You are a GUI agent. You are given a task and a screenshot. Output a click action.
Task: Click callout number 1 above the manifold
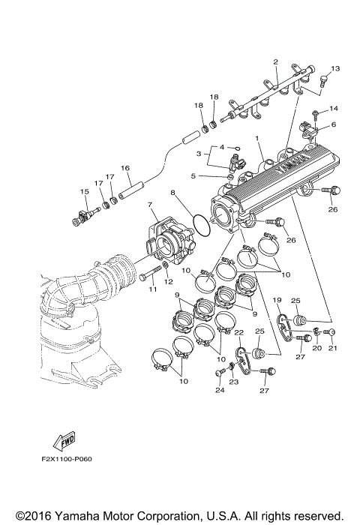coord(256,139)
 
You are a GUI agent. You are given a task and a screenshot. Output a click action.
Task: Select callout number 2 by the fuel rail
coord(275,61)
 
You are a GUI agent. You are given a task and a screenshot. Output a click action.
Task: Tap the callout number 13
coord(335,69)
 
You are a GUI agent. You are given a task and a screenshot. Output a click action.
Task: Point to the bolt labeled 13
coord(322,80)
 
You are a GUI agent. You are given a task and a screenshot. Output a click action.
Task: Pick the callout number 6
coord(334,124)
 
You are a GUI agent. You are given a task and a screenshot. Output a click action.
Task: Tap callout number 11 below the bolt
coord(151,288)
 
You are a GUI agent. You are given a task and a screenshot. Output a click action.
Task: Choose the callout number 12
coord(168,282)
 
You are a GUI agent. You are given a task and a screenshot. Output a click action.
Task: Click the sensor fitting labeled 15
coord(83,214)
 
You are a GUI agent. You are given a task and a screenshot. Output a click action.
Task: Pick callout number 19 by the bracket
coord(277,300)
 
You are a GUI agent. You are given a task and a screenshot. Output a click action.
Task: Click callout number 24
coord(220,390)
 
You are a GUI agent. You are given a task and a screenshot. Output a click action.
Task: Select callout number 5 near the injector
coord(193,176)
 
